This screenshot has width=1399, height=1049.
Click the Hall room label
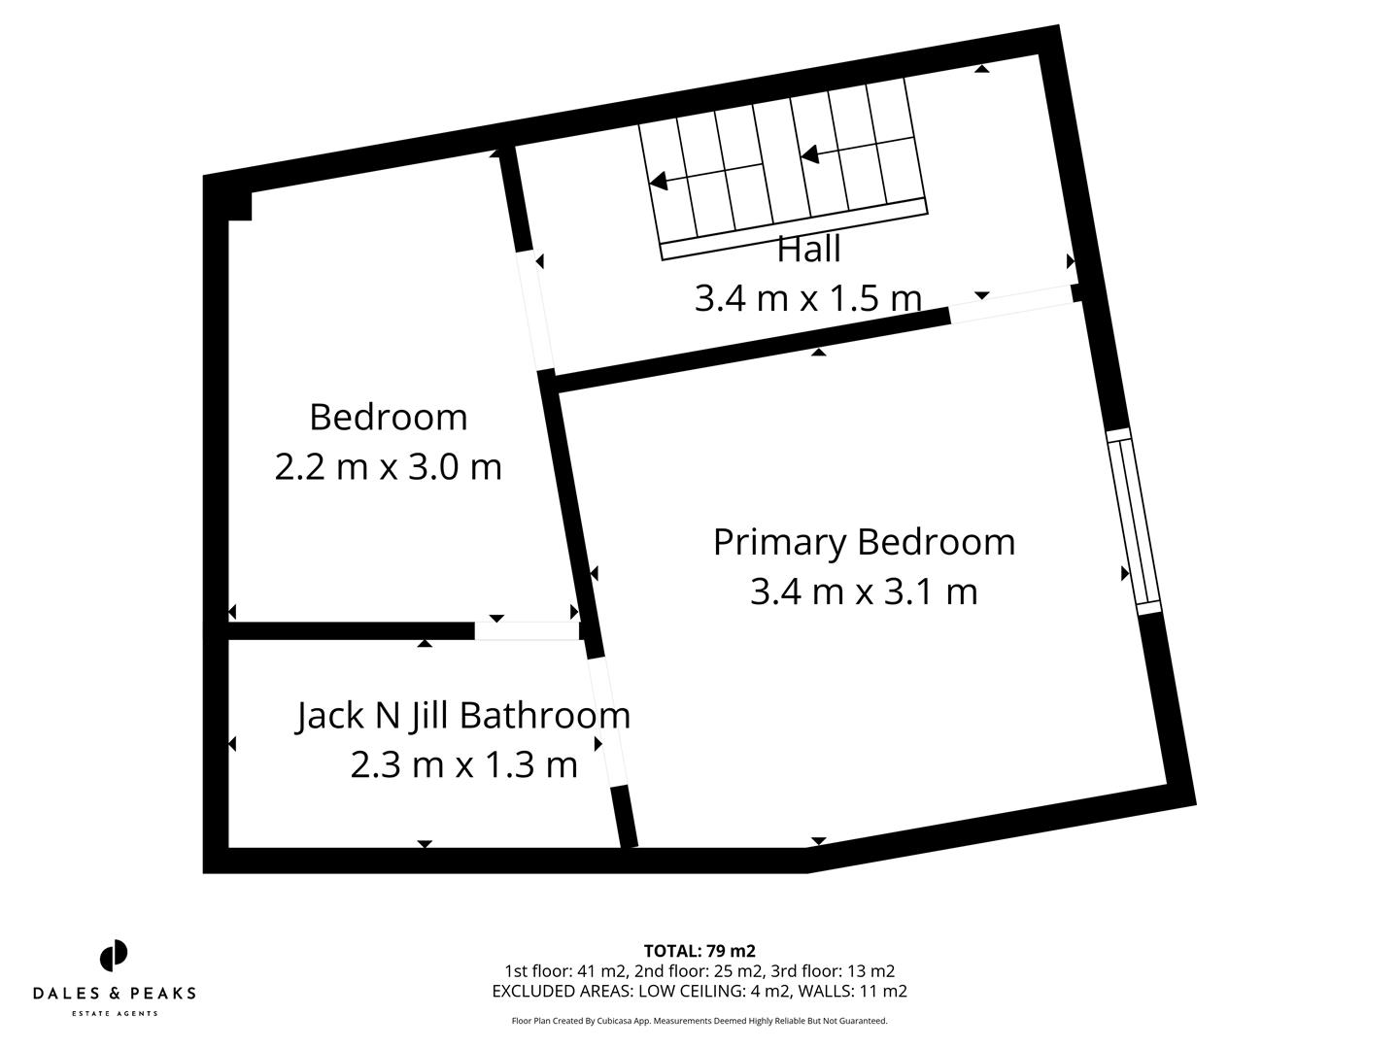(x=808, y=250)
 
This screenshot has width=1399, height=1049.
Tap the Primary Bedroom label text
(x=864, y=542)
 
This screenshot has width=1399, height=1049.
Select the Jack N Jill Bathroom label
(x=463, y=716)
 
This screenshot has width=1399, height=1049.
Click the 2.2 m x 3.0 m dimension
(x=388, y=467)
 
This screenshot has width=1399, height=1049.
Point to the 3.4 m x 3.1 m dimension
(x=864, y=592)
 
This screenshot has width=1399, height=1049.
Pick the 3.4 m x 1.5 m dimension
(x=807, y=298)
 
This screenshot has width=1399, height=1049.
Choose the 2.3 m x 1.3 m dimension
(x=463, y=765)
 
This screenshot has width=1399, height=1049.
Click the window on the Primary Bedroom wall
(x=1135, y=521)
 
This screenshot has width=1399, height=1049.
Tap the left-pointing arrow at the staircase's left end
(x=659, y=181)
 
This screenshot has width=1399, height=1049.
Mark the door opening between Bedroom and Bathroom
(x=527, y=631)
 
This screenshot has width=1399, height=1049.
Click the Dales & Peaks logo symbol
(x=114, y=955)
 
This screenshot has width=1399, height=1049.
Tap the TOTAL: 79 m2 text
(x=699, y=951)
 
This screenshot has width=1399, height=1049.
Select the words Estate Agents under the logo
(x=115, y=1014)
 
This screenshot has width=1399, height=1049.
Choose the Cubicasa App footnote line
(x=699, y=1021)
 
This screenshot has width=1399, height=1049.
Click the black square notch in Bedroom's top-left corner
(x=240, y=206)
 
